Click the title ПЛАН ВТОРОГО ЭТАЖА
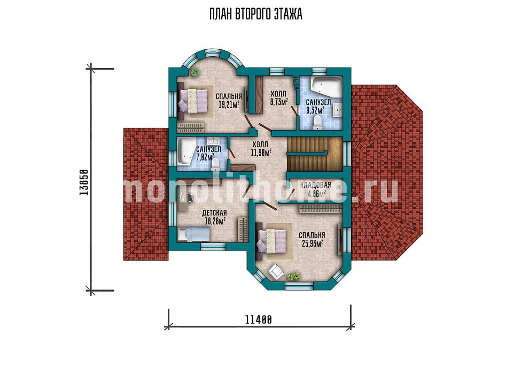(x=256, y=14)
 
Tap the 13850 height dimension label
(x=84, y=182)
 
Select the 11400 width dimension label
(x=259, y=319)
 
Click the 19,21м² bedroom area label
(x=228, y=104)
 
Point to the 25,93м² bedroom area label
(x=311, y=243)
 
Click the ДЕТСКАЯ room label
(x=214, y=213)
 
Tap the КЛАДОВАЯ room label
(x=316, y=186)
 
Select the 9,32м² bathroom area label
(x=316, y=110)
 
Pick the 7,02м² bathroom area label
(x=205, y=157)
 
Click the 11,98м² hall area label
(x=261, y=153)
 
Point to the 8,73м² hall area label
(x=279, y=102)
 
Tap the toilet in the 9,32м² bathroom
(x=317, y=123)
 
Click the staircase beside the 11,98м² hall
(x=315, y=154)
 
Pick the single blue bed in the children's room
(x=193, y=234)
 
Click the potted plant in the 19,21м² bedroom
(x=196, y=72)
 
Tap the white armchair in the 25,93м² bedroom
(x=276, y=272)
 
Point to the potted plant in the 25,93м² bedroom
(x=293, y=277)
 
